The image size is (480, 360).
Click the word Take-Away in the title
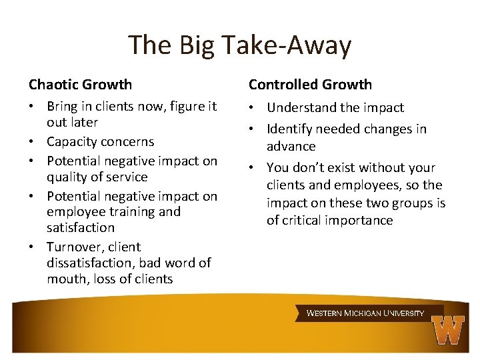tap(287, 45)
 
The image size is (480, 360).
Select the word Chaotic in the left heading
tap(53, 85)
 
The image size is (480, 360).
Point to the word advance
tap(291, 146)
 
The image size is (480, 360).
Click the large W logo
tap(447, 329)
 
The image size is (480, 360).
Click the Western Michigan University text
tap(365, 313)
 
